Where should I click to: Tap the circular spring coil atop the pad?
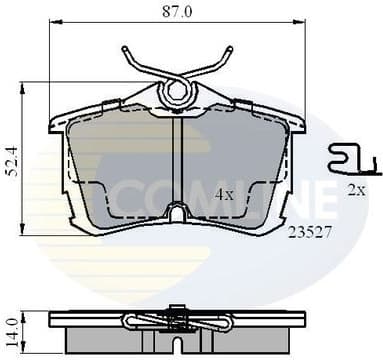point(178,92)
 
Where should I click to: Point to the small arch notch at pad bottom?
point(177,213)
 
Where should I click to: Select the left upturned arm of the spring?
point(129,59)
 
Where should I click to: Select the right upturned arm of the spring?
point(226,59)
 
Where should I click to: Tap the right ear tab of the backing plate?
point(295,123)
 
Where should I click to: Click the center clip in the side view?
point(177,321)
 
